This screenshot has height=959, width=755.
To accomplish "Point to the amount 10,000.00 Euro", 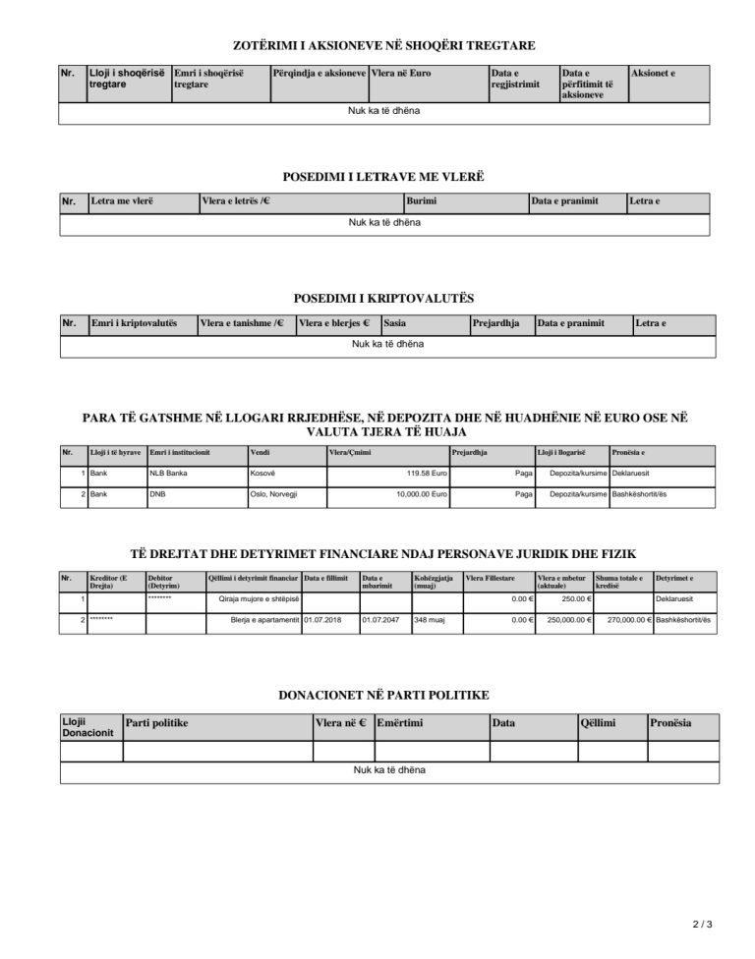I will [422, 493].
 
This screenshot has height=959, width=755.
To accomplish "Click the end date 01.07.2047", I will [378, 620].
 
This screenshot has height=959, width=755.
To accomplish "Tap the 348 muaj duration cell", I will [428, 620].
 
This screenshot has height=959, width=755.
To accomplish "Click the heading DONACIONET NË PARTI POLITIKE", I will [384, 695].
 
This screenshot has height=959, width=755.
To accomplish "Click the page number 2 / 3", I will [702, 925].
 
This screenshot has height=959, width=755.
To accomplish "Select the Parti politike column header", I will [156, 723].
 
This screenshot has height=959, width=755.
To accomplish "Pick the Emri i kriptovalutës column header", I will [134, 323].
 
